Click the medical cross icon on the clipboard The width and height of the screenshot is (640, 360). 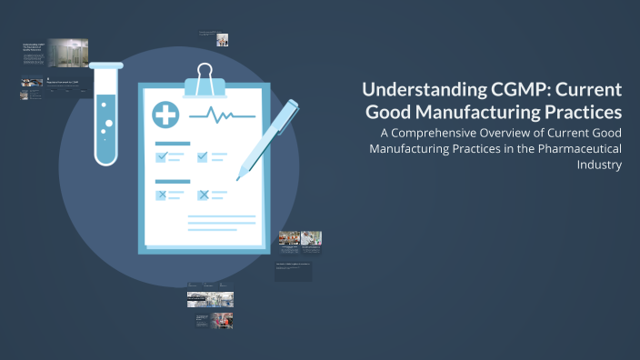click(x=166, y=115)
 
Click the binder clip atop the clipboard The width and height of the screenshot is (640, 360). click(x=205, y=80)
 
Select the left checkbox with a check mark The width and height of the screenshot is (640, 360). click(x=162, y=156)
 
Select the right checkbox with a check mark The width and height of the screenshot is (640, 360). click(x=203, y=156)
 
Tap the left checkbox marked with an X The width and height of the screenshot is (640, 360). click(x=162, y=194)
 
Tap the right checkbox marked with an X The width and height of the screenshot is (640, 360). click(x=203, y=194)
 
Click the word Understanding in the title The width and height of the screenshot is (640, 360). click(x=415, y=91)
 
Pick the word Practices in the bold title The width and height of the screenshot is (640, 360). click(x=589, y=113)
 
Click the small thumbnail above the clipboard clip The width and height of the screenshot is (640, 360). click(x=223, y=39)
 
